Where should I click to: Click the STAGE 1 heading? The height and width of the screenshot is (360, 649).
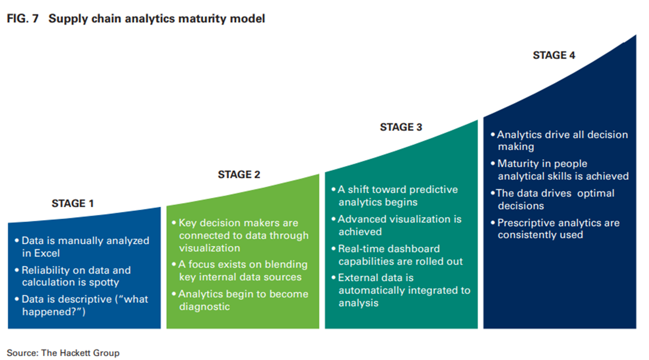click(73, 203)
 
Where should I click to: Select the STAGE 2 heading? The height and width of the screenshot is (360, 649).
click(239, 175)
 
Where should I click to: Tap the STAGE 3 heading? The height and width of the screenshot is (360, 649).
click(401, 127)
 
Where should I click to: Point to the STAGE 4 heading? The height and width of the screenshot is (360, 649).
click(554, 55)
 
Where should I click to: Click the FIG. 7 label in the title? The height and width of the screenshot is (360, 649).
click(23, 18)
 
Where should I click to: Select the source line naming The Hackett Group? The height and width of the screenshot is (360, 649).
click(63, 353)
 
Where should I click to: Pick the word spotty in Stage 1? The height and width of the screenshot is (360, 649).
click(104, 282)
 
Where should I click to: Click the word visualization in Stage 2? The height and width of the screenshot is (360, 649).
click(210, 248)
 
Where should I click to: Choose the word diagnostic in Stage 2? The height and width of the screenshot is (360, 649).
click(204, 307)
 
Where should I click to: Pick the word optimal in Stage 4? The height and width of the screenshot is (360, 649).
click(595, 194)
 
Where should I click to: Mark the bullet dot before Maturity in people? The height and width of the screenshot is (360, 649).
click(493, 163)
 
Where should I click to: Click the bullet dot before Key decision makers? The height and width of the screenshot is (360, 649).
click(174, 223)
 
